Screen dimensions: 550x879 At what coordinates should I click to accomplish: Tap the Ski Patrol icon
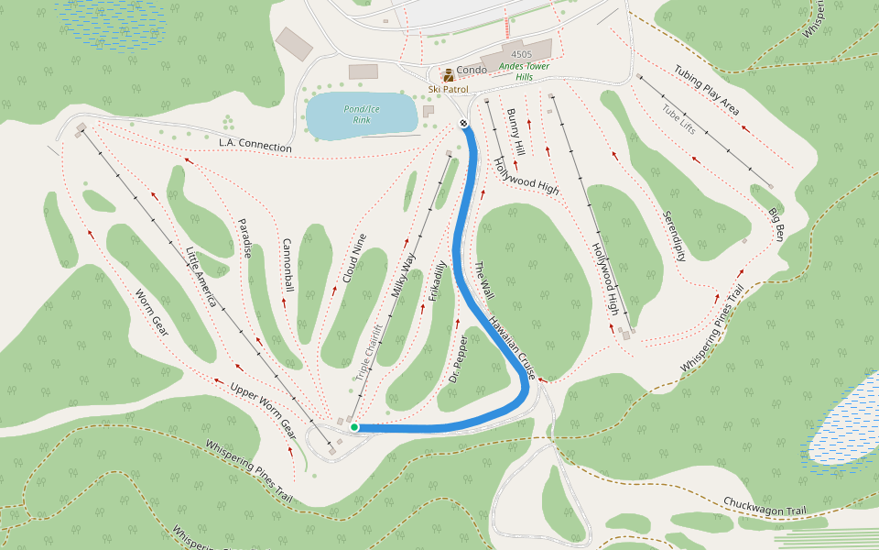click(x=449, y=75)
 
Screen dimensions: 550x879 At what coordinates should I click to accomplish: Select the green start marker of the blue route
click(x=354, y=427)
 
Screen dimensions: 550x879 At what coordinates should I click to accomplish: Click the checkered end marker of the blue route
click(x=464, y=124)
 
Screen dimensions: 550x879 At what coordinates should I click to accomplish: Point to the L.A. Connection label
click(x=255, y=145)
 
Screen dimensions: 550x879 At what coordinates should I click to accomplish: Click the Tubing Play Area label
click(x=707, y=91)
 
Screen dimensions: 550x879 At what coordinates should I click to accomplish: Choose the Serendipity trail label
click(x=675, y=236)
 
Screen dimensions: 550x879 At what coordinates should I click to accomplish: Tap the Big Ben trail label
click(x=776, y=225)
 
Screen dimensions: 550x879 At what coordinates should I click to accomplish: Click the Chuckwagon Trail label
click(x=765, y=505)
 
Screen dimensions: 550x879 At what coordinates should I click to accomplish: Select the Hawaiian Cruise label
click(x=512, y=348)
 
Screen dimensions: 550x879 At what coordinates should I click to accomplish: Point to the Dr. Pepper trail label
click(x=459, y=358)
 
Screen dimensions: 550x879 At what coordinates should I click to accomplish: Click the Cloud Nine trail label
click(x=354, y=257)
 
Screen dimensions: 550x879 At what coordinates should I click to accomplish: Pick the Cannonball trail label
click(x=288, y=266)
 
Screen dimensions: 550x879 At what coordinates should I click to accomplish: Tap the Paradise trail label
click(x=244, y=238)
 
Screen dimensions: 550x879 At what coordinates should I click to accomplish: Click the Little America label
click(x=201, y=278)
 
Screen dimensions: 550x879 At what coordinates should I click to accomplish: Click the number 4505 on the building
click(x=522, y=55)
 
